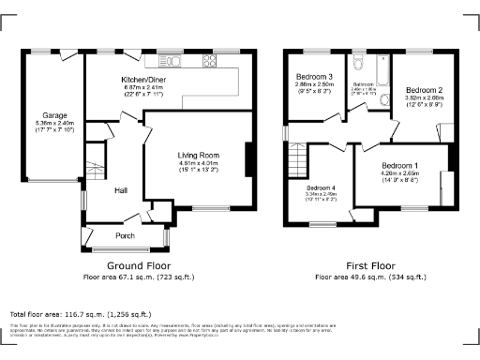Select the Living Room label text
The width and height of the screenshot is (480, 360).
pyautogui.click(x=198, y=155)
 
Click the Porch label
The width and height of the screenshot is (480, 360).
pyautogui.click(x=125, y=235)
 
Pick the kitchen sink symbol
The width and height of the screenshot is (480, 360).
pyautogui.click(x=177, y=62)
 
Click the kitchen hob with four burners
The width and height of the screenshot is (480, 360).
pyautogui.click(x=209, y=62)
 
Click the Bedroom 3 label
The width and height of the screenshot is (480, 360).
pyautogui.click(x=315, y=76)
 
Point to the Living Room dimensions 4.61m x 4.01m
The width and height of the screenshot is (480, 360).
pyautogui.click(x=198, y=165)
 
